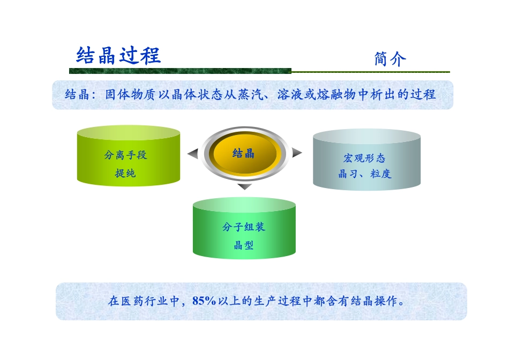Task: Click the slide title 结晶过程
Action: (x=118, y=55)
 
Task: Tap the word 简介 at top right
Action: (x=390, y=59)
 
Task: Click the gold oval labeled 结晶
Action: (x=244, y=154)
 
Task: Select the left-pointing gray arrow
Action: (x=193, y=154)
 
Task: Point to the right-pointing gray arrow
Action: (x=297, y=153)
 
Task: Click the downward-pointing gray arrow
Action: (x=244, y=186)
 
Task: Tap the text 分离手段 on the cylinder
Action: (x=125, y=155)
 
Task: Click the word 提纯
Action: (x=125, y=173)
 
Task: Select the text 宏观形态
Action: (x=364, y=158)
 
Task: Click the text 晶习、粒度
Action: (x=364, y=174)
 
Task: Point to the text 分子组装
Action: (x=244, y=227)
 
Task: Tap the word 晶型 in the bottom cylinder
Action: (x=244, y=245)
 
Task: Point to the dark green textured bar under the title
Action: (x=180, y=71)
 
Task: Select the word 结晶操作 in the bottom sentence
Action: (x=375, y=301)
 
